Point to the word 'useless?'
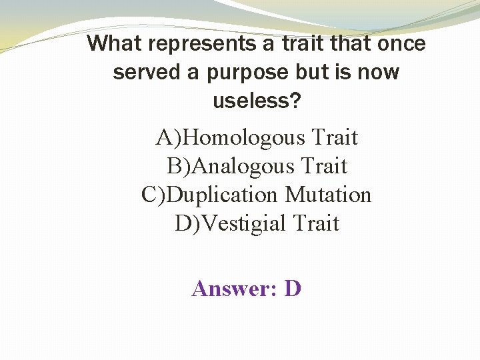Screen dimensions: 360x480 click(257, 101)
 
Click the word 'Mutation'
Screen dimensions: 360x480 click(328, 195)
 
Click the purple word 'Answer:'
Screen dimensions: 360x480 click(235, 289)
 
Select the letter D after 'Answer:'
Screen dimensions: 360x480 click(293, 289)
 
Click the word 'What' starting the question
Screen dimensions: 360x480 click(114, 44)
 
